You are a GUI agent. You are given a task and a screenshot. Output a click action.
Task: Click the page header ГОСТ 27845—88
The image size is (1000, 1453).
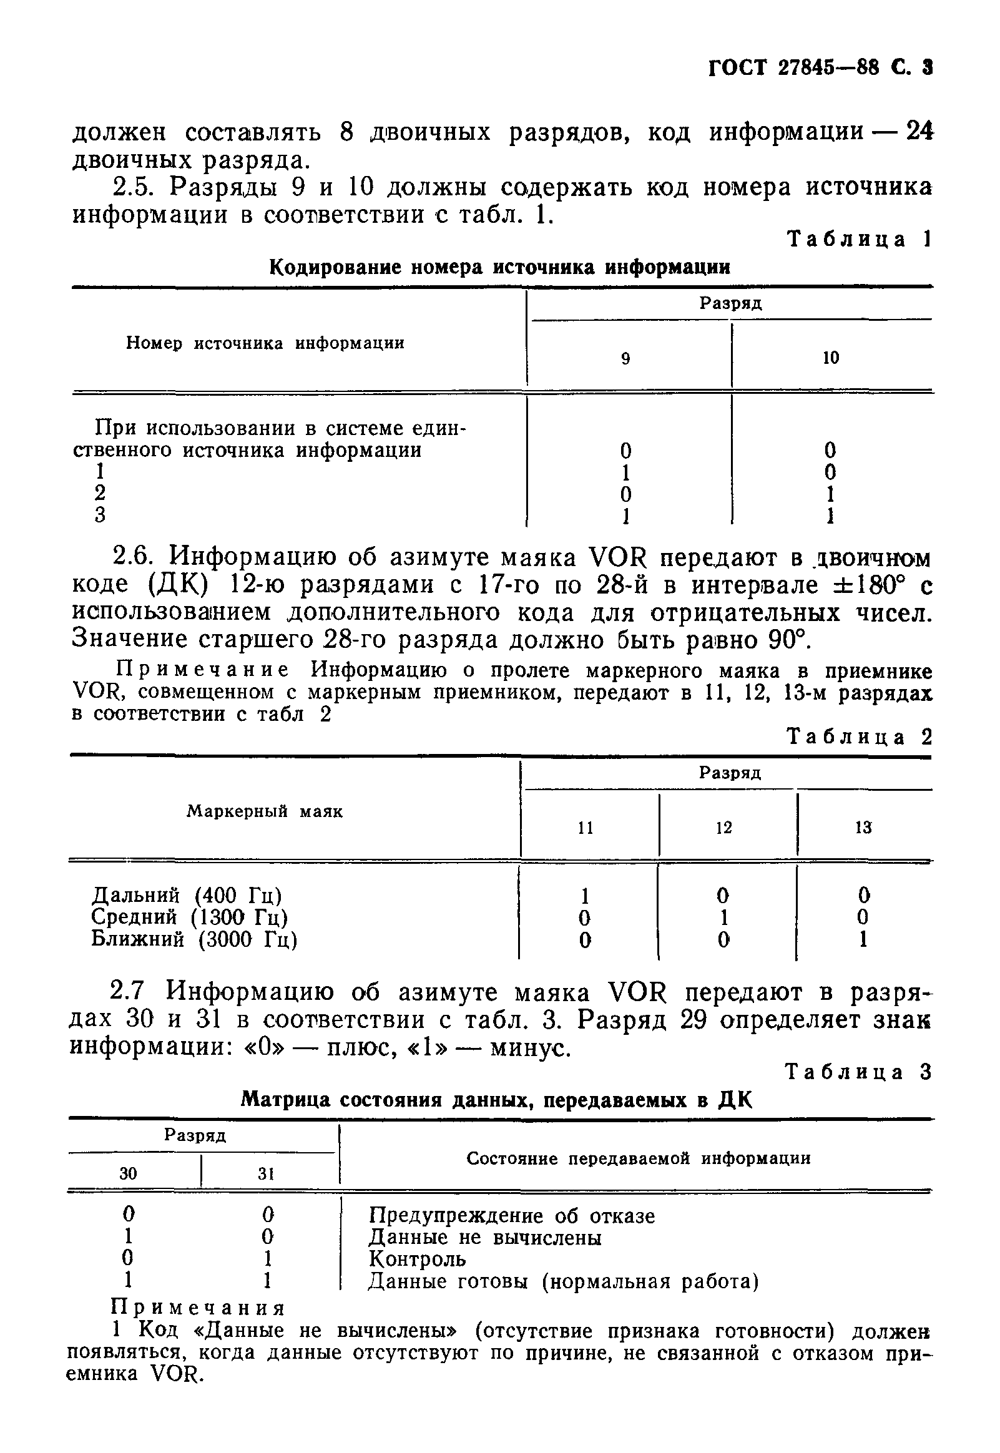point(793,67)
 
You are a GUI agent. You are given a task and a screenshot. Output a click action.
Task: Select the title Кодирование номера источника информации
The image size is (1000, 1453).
point(499,267)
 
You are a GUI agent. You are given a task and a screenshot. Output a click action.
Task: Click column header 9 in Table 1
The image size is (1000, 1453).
point(625,358)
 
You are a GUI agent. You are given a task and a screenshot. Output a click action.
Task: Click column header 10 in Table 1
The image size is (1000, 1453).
point(830,358)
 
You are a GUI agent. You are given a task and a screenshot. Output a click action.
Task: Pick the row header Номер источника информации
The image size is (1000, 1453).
point(265,343)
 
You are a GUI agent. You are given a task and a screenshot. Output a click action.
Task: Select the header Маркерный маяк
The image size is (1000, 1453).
point(265,811)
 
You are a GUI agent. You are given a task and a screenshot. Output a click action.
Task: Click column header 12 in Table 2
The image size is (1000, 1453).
point(723,828)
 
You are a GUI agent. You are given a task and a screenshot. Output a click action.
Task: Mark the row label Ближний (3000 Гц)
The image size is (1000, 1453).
point(194,939)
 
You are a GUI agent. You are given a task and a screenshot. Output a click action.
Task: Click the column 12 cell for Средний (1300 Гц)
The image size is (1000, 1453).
point(723,917)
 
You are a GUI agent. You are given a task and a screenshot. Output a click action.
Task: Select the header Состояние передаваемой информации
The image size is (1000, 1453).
point(638,1158)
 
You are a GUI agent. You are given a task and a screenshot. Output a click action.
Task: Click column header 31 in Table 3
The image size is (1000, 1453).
point(267,1174)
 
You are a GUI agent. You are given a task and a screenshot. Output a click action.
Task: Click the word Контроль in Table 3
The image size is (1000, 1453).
point(418,1258)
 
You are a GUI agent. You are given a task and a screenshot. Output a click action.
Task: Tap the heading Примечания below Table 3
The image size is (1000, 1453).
point(197,1309)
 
